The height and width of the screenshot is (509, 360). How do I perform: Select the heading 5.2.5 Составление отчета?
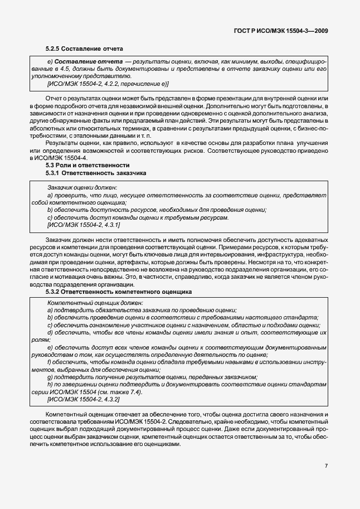click(84, 49)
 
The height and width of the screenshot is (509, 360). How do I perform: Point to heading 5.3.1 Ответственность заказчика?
click(96, 173)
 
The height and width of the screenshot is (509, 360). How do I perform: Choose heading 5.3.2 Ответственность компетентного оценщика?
click(119, 291)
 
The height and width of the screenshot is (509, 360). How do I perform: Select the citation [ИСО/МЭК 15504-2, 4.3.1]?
click(84, 224)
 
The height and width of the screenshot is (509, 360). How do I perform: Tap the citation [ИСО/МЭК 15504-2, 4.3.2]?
click(84, 400)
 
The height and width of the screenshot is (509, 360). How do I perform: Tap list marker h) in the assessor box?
click(50, 385)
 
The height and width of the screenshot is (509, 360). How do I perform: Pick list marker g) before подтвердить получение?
click(50, 377)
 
